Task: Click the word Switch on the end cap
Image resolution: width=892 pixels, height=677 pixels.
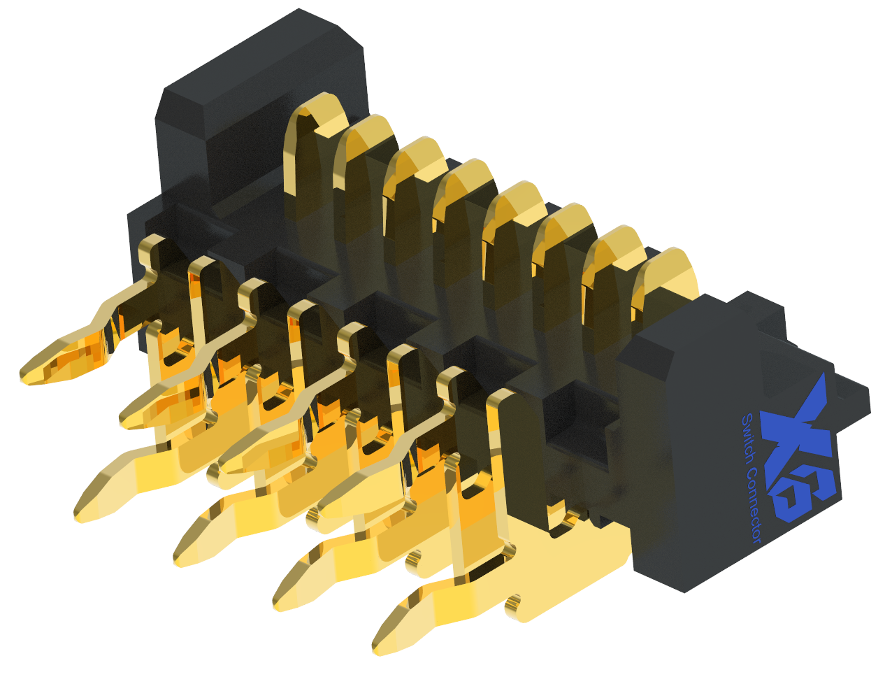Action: pos(747,438)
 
